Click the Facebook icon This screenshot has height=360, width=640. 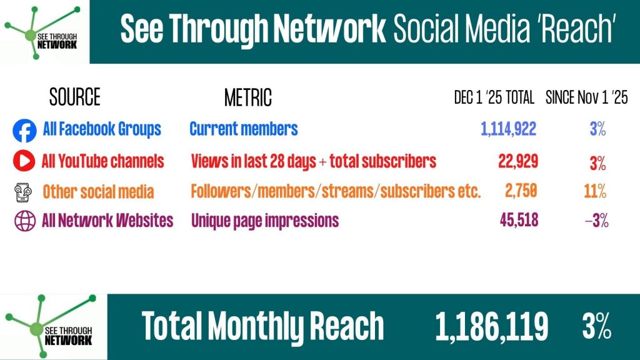(x=24, y=131)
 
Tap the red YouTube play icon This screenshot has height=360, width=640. (x=24, y=161)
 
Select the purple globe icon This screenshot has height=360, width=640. (x=25, y=221)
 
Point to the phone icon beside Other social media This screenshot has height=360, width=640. (x=23, y=192)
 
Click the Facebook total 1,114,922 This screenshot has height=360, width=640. (x=508, y=129)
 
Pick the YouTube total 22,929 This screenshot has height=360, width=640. (x=518, y=162)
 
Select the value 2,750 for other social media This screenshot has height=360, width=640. (x=521, y=191)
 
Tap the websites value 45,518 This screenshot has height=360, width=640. (x=519, y=221)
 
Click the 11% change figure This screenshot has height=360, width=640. (x=595, y=191)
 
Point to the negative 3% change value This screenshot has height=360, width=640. (x=597, y=221)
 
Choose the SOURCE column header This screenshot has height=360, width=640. (x=75, y=97)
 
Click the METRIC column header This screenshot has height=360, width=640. (x=248, y=97)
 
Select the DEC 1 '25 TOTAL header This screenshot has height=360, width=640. (x=494, y=97)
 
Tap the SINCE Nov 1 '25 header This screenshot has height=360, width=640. (x=586, y=97)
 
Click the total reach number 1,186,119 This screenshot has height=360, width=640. (x=492, y=326)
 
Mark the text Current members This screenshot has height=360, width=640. (x=244, y=129)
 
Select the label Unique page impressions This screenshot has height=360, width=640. (x=265, y=221)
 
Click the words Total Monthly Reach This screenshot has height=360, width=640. (x=263, y=325)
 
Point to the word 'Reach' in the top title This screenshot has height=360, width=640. (x=577, y=29)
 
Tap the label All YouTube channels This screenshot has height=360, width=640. (x=103, y=161)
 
